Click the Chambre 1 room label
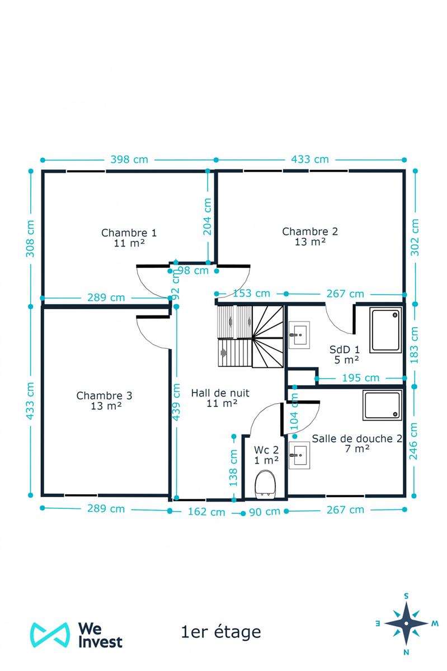click(x=129, y=237)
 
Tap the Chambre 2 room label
click(x=310, y=236)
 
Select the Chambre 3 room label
click(x=105, y=400)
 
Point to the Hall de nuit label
click(x=220, y=398)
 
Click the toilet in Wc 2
click(x=265, y=484)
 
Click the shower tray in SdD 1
click(x=385, y=329)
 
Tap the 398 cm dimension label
click(x=129, y=159)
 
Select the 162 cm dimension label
click(x=206, y=512)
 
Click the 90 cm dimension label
click(x=265, y=512)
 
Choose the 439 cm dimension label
click(x=176, y=401)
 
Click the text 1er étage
click(x=221, y=632)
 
